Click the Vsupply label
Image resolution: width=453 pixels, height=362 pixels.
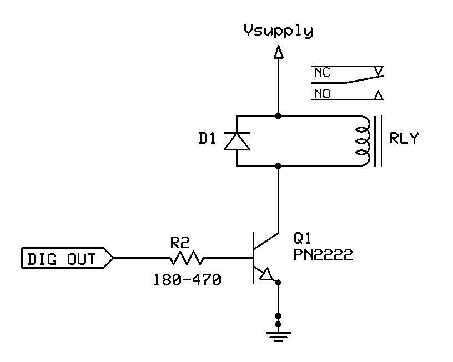click(278, 31)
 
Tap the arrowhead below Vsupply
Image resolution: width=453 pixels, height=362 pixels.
click(278, 52)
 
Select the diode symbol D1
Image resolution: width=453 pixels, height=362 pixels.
click(237, 141)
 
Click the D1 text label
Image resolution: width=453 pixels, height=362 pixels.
click(207, 139)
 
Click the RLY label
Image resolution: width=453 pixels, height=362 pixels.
click(404, 138)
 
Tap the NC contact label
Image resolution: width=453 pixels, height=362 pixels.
click(322, 72)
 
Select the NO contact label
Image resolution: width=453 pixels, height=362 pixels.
click(322, 94)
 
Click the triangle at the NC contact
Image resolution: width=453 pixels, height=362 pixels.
click(379, 71)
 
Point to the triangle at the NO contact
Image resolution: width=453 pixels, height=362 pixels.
click(379, 95)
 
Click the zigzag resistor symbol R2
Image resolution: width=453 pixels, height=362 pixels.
click(187, 258)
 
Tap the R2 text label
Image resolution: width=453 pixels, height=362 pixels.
click(180, 243)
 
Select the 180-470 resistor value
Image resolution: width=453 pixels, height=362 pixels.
click(187, 280)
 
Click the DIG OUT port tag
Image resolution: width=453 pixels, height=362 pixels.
click(67, 258)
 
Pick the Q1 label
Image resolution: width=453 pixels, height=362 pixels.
click(302, 238)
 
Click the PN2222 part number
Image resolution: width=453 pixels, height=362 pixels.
click(323, 255)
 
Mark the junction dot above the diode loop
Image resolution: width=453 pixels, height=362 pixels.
click(278, 116)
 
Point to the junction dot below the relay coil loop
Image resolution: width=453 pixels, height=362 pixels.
click(278, 166)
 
